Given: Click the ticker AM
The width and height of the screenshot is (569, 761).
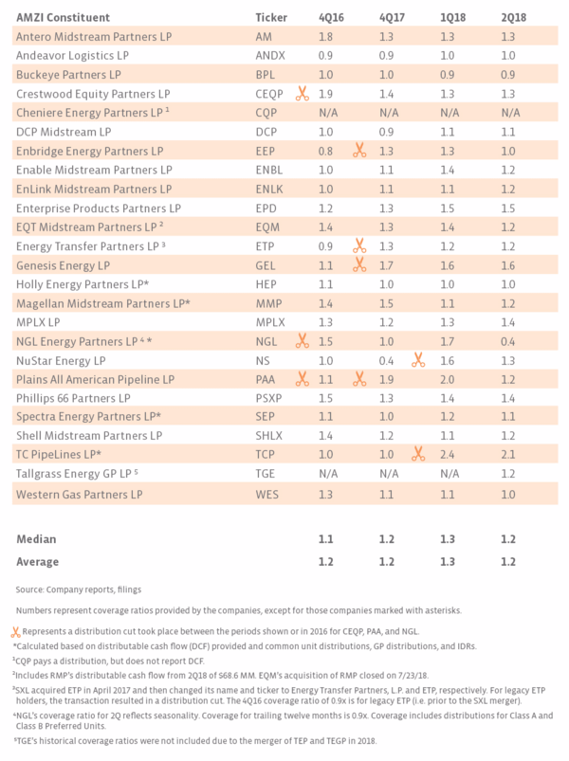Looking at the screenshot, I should [266, 36].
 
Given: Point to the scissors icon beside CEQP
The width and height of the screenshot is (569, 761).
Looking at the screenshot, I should [302, 94].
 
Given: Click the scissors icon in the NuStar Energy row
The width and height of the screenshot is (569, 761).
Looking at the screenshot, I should [416, 360].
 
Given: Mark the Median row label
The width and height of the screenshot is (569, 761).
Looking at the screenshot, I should [35, 538].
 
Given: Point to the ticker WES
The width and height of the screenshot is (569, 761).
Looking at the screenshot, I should [267, 495].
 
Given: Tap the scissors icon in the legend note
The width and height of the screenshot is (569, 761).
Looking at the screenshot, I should [16, 630].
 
